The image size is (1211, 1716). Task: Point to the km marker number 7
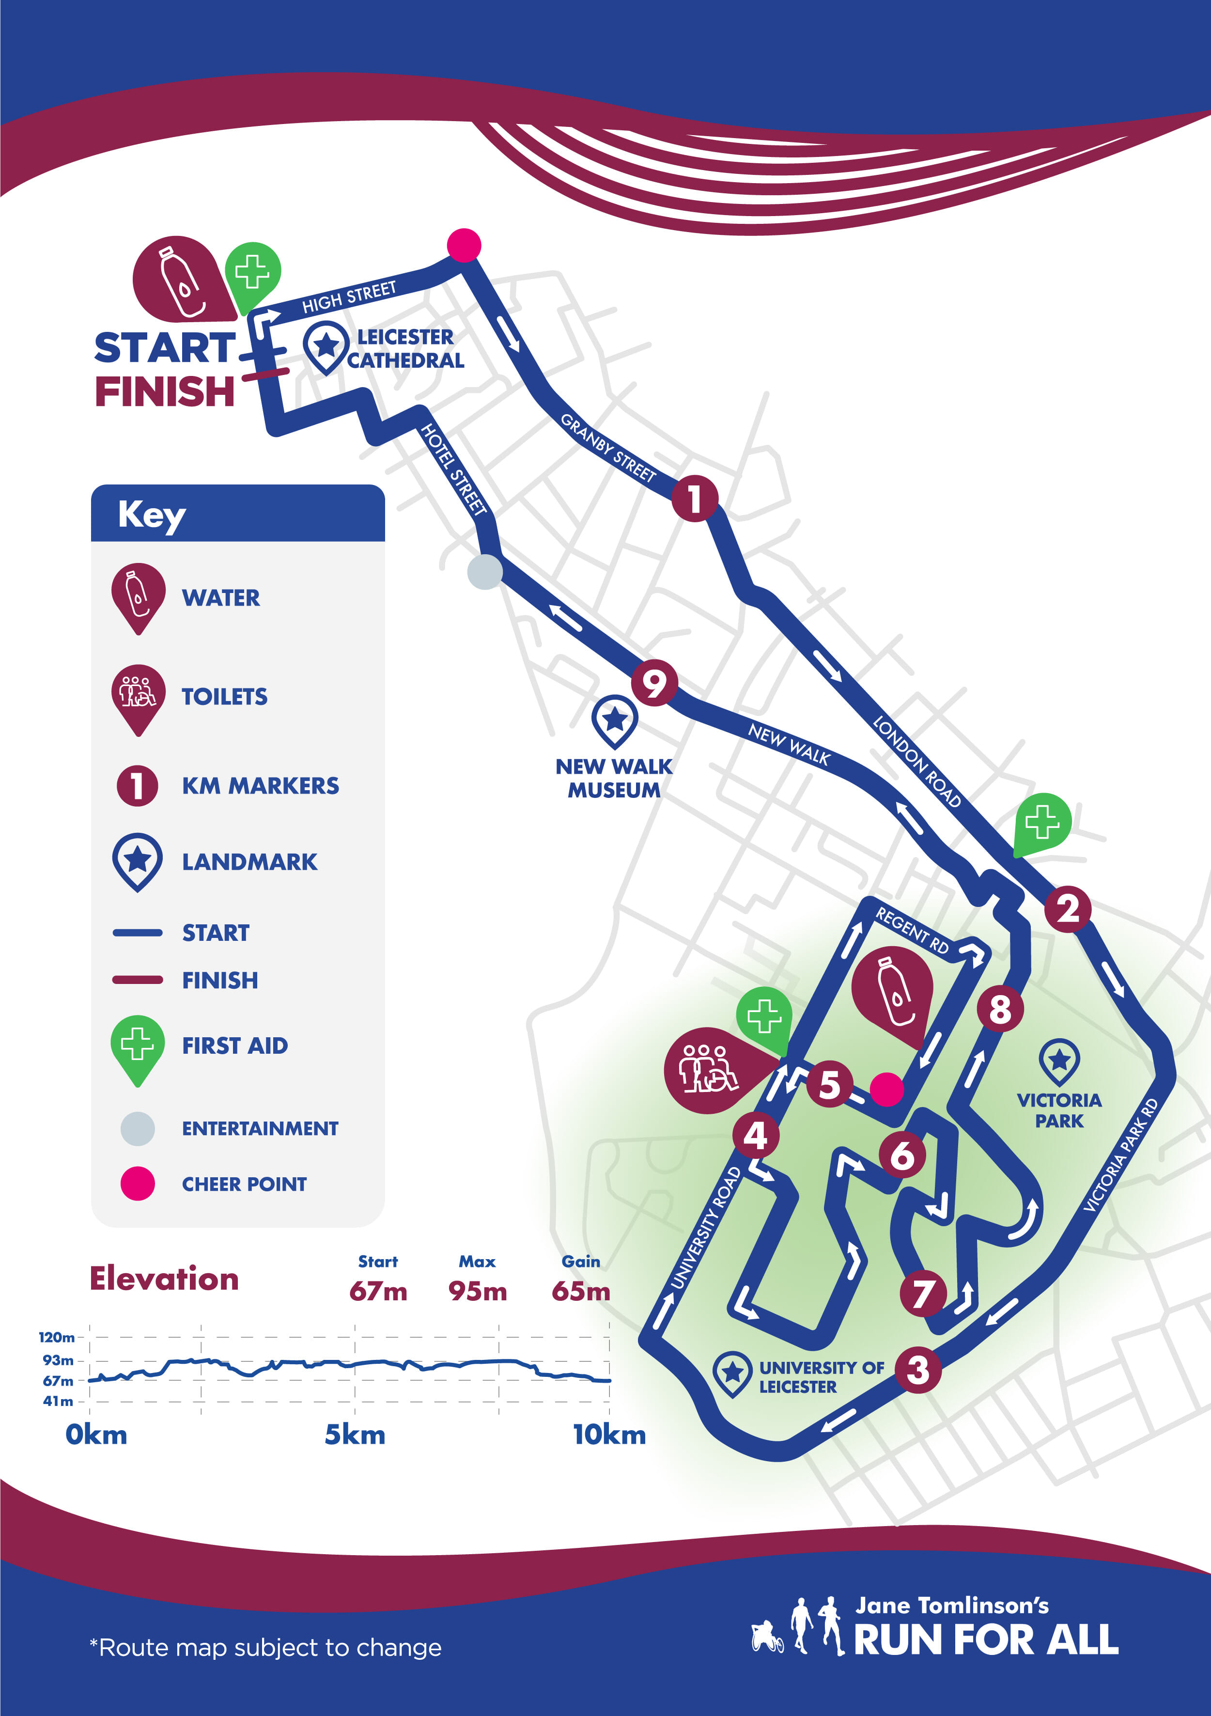[923, 1293]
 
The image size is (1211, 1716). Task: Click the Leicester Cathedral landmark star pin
[326, 346]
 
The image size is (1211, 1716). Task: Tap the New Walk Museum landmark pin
[614, 720]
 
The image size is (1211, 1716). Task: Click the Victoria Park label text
[1058, 1110]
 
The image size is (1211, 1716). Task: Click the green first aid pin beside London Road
[1043, 822]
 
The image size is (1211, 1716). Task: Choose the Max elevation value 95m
[478, 1291]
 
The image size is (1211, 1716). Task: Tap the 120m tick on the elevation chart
[57, 1337]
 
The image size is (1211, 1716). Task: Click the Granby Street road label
[607, 447]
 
